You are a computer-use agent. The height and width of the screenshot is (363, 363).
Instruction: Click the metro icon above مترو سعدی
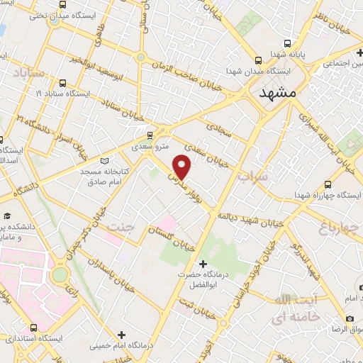tap(150, 134)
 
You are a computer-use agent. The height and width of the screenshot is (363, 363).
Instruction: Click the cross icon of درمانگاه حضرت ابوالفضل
tap(203, 264)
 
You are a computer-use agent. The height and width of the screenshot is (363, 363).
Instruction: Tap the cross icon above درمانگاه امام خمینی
tap(121, 334)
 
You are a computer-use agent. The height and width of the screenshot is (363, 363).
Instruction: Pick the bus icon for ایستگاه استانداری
tap(34, 328)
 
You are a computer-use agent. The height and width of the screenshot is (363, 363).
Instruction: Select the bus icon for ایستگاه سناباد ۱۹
tap(63, 83)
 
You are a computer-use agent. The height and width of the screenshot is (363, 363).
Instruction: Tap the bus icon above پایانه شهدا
tap(259, 60)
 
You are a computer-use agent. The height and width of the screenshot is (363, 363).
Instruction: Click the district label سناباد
tap(28, 73)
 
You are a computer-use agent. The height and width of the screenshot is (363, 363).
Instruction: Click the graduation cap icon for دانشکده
tap(7, 216)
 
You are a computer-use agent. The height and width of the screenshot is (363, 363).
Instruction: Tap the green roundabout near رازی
tap(60, 274)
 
